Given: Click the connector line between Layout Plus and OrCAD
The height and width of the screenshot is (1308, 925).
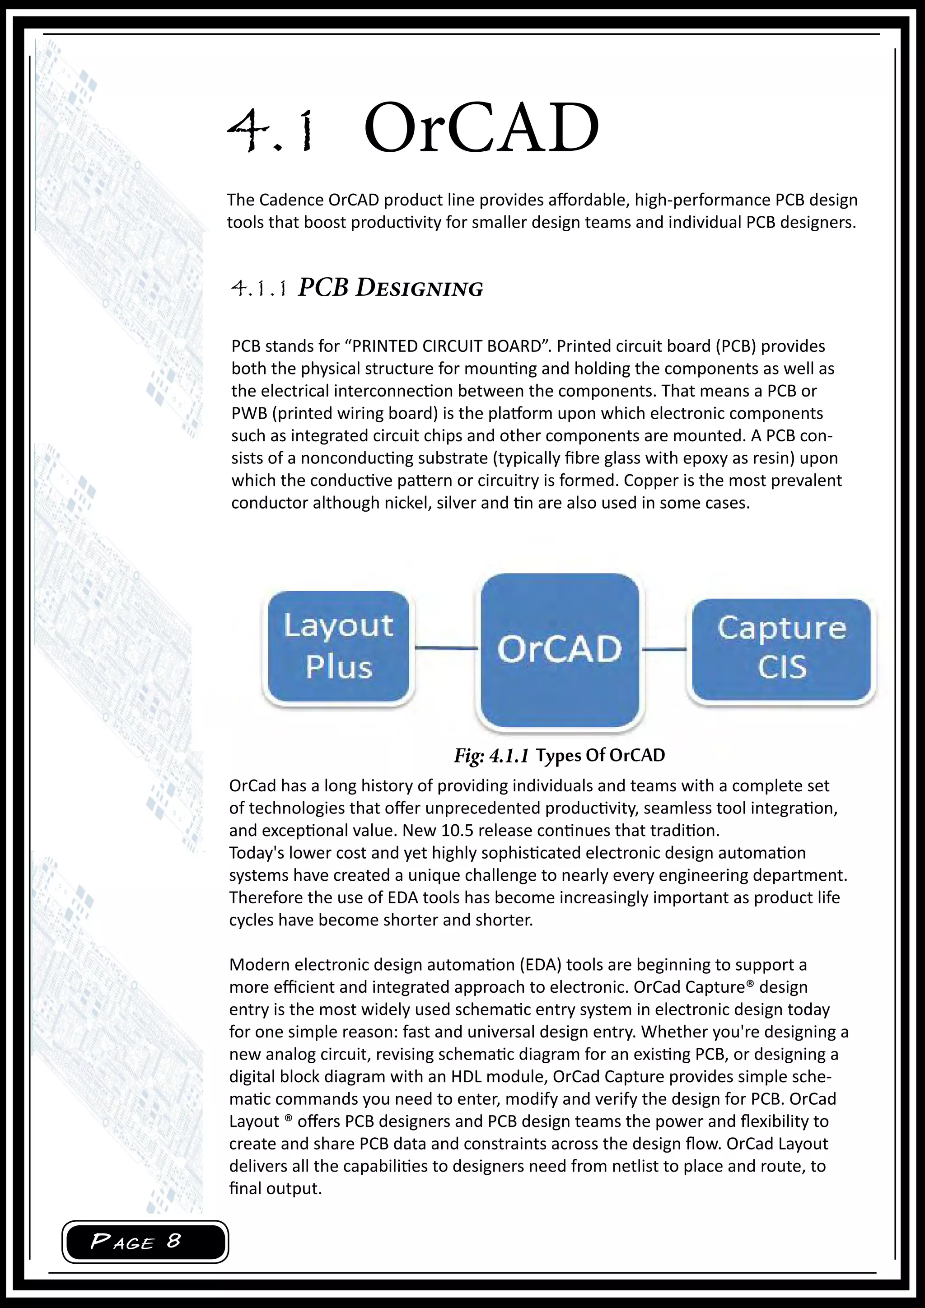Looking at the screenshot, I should (445, 648).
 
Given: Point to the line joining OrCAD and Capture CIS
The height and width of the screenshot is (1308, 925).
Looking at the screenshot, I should (664, 649).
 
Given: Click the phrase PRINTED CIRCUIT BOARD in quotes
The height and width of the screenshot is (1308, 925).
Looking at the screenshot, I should (447, 346).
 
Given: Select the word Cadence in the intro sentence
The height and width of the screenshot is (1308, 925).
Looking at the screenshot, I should (291, 200).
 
